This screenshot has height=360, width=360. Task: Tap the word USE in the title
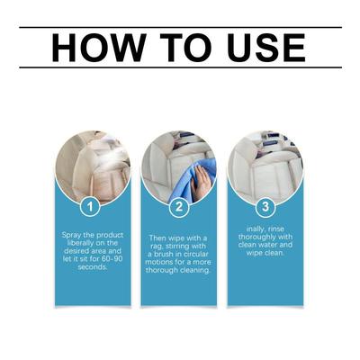(266, 48)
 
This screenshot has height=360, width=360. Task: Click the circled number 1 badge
(90, 206)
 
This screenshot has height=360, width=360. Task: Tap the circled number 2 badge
(179, 206)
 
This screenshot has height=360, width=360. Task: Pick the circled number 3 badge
(265, 206)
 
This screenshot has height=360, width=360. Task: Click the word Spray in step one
(71, 235)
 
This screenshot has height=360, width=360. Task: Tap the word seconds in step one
(93, 266)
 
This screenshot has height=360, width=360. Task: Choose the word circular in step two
(195, 255)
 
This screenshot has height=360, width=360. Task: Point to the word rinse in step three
(276, 229)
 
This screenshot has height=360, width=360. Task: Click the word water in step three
(267, 245)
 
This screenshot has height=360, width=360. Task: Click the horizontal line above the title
(180, 27)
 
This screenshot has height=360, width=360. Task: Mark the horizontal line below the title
(180, 67)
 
